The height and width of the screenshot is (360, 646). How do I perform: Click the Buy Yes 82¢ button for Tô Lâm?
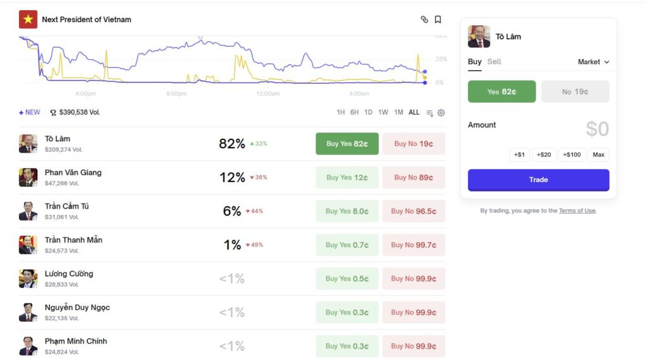click(347, 144)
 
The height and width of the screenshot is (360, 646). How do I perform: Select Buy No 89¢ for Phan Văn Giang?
click(413, 178)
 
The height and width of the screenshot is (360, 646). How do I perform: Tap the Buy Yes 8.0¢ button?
click(347, 211)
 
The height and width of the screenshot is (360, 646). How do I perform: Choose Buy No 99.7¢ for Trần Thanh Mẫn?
click(413, 245)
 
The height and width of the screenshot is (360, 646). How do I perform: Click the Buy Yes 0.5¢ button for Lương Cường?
click(347, 279)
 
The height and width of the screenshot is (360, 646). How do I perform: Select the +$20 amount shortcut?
click(544, 154)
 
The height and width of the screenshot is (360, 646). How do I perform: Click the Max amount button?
click(598, 154)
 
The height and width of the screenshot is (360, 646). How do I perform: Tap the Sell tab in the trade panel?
click(495, 62)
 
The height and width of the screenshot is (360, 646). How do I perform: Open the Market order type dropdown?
click(594, 62)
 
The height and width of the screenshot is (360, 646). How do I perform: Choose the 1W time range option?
click(383, 113)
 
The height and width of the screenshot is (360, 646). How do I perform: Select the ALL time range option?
click(414, 113)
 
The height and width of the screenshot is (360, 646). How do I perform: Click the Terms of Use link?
click(577, 211)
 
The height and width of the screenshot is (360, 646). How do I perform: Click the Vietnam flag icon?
click(28, 20)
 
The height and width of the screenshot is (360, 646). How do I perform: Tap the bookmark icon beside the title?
click(438, 20)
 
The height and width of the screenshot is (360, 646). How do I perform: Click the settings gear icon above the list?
click(441, 113)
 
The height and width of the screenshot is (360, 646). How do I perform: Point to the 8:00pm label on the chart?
click(177, 94)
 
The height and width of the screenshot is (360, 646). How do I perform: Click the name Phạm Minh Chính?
click(76, 341)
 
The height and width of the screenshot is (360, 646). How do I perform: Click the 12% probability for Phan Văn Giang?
click(232, 178)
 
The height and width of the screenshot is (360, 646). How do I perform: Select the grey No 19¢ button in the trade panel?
click(575, 91)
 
